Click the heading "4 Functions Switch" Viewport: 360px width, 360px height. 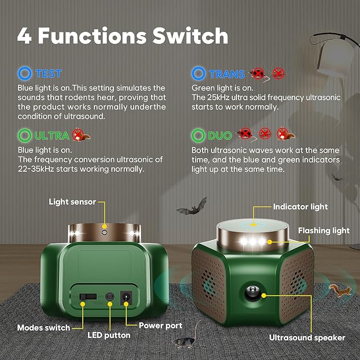[x=123, y=36]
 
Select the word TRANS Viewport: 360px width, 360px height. [x=226, y=74]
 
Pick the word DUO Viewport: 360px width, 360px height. [x=219, y=135]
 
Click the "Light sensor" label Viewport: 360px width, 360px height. [x=73, y=201]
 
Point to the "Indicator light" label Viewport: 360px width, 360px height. [x=300, y=207]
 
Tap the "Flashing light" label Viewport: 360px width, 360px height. [x=323, y=230]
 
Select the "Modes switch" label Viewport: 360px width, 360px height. [x=43, y=328]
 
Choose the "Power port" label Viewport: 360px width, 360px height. [x=160, y=326]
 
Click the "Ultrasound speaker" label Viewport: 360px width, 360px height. [x=307, y=337]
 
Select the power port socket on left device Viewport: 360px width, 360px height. [x=127, y=297]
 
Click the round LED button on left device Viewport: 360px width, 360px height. [x=110, y=297]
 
